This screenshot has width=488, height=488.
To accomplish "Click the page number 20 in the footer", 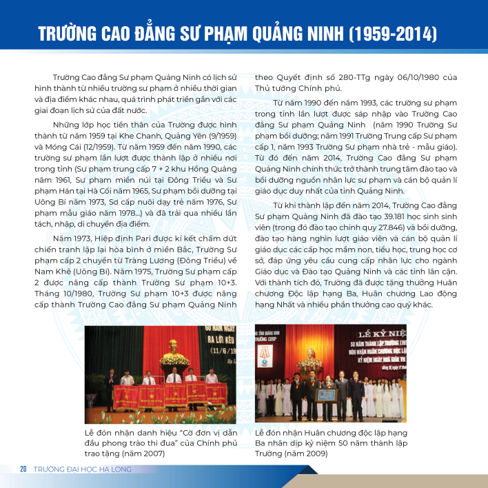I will tap(23, 469).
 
